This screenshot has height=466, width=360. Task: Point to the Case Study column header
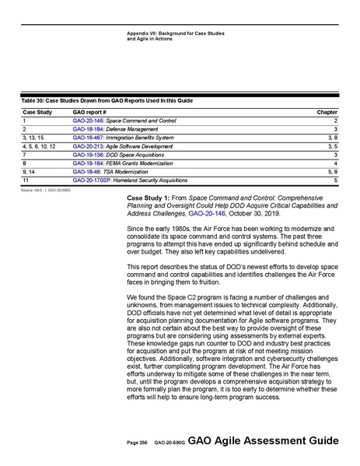pyautogui.click(x=36, y=113)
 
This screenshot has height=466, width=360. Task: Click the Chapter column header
pyautogui.click(x=327, y=113)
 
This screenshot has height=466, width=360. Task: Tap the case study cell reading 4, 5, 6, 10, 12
pyautogui.click(x=39, y=145)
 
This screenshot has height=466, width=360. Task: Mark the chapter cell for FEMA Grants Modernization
pyautogui.click(x=334, y=163)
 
